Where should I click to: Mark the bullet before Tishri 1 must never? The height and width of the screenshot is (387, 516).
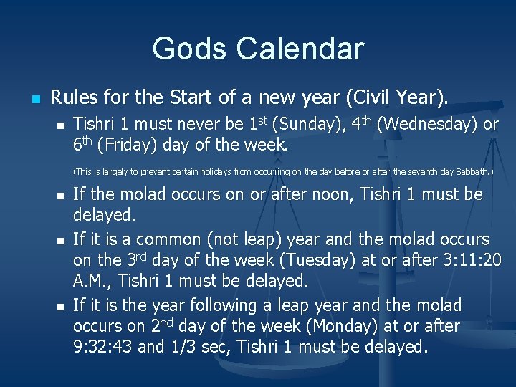(60, 125)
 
